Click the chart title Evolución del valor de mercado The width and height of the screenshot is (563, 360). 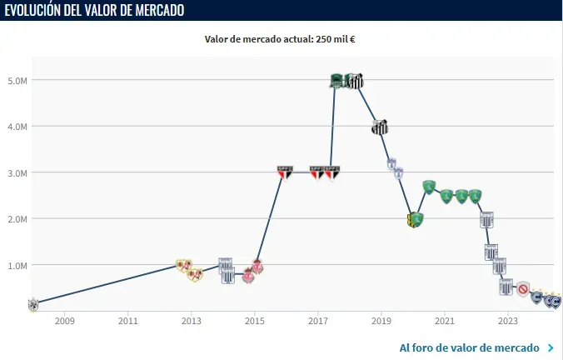click(x=93, y=10)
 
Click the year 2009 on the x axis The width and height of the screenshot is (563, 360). click(x=65, y=321)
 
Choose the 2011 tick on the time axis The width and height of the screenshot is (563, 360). click(x=127, y=321)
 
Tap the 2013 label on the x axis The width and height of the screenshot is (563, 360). click(x=191, y=321)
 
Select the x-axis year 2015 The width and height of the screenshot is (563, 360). click(x=254, y=321)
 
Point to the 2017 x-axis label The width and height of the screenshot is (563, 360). click(x=317, y=321)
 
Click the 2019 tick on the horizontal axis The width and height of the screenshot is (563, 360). click(x=381, y=321)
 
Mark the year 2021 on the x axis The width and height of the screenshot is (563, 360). click(x=444, y=321)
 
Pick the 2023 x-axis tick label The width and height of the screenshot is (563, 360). click(x=507, y=321)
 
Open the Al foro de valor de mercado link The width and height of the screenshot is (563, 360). click(x=469, y=347)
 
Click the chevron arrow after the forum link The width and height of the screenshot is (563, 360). click(x=551, y=347)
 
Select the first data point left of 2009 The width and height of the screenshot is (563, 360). click(x=32, y=304)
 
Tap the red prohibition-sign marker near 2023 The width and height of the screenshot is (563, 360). click(x=523, y=289)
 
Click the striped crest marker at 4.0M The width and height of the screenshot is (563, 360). click(x=380, y=127)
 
